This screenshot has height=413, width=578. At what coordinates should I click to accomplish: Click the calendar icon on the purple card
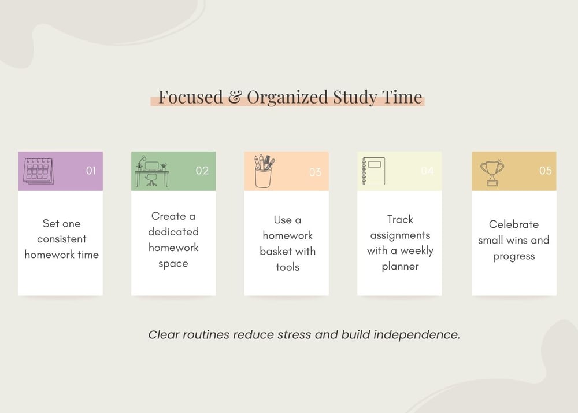[38, 171]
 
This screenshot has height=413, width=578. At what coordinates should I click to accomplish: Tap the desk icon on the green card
[152, 171]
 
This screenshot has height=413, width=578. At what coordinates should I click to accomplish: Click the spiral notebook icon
[373, 171]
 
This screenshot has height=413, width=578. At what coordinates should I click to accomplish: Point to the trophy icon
[492, 172]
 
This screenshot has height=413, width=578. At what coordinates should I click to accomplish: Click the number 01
[91, 171]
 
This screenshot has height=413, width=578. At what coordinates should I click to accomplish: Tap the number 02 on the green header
[202, 171]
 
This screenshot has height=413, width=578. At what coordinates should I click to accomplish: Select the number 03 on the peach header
[315, 172]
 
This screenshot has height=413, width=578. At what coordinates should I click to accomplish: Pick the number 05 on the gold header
[546, 171]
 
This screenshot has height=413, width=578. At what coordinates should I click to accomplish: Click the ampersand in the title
[235, 97]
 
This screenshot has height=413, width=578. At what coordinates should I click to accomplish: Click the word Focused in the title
[191, 97]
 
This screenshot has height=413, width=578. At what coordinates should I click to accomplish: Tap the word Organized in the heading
[287, 98]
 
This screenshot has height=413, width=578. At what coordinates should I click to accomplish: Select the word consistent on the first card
[62, 239]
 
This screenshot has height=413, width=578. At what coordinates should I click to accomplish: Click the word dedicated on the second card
[173, 231]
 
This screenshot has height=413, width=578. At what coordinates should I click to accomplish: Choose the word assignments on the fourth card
[401, 235]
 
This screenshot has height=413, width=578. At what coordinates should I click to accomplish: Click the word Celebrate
[514, 224]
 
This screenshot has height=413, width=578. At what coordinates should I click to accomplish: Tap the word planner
[401, 267]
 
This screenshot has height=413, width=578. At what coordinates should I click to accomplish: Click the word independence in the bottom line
[417, 335]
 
